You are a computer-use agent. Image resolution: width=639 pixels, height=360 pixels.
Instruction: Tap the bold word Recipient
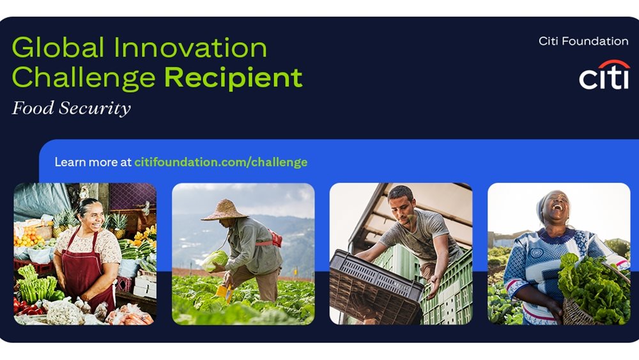point(233,77)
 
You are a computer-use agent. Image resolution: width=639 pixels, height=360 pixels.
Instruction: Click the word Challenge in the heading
point(83,78)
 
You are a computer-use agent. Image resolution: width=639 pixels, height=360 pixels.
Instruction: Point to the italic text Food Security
point(71,108)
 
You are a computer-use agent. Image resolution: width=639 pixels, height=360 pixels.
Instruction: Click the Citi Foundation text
point(583,41)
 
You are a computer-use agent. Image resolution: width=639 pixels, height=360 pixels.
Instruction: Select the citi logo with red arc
point(604,75)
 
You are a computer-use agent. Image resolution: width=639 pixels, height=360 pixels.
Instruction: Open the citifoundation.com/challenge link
point(220,162)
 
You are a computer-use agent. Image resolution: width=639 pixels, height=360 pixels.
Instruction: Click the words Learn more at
point(93,162)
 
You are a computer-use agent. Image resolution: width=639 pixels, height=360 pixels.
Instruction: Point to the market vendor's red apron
point(83,269)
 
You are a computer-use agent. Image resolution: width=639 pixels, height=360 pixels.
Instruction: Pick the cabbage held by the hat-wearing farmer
point(215,259)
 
